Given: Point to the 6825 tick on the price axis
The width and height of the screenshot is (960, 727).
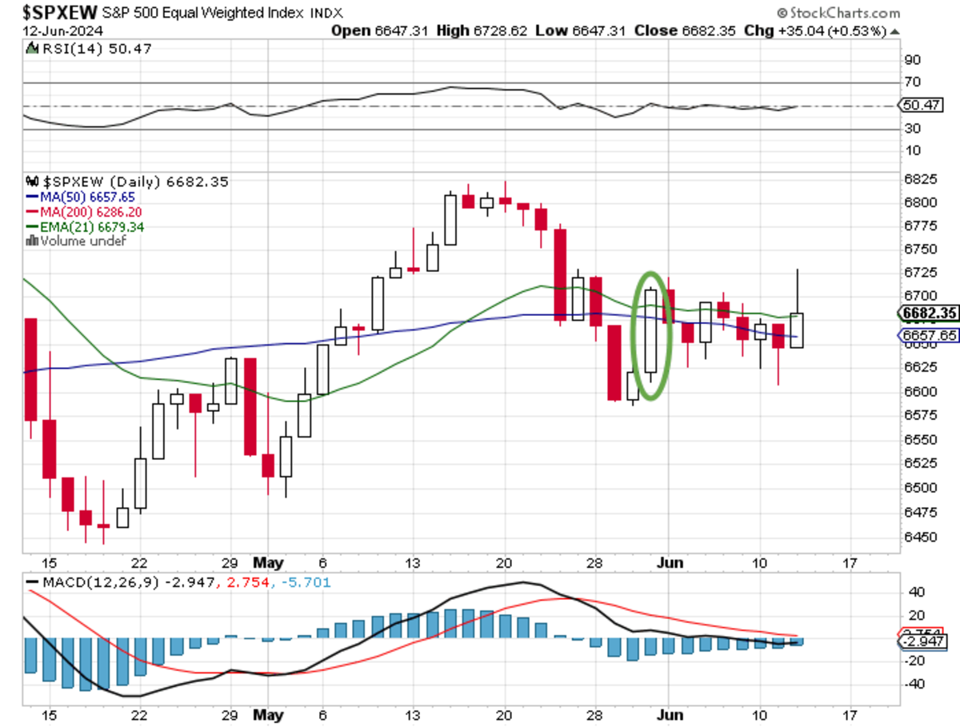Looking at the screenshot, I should point(914,179).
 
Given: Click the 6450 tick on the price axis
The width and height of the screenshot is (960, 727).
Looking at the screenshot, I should point(914,537).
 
